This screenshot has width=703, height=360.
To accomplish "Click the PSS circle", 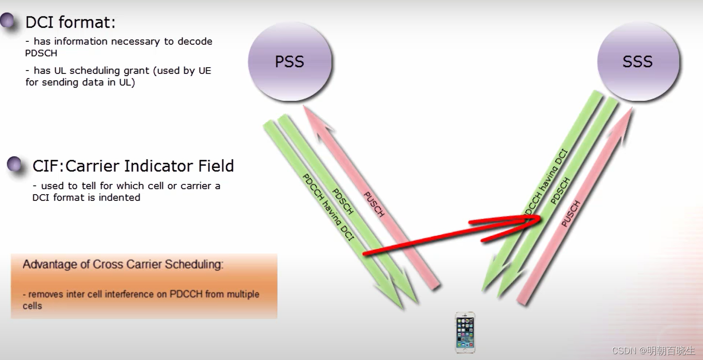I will pos(290,62).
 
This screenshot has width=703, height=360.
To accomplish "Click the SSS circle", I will pos(637,62).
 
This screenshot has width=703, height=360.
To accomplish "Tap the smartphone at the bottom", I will pos(465,332).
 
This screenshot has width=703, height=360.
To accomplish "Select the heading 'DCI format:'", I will pos(70,22).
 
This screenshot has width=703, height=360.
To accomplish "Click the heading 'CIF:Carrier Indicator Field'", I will pos(133,166).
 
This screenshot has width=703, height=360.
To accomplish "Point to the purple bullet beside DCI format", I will pos(8,20).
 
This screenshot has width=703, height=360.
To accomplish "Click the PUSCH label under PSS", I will pos(374,204).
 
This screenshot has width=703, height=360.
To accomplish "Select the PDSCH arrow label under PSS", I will pos(343,201).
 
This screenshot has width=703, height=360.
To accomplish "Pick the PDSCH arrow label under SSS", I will pos(560,191).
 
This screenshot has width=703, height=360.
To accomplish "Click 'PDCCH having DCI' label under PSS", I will pos(328,207).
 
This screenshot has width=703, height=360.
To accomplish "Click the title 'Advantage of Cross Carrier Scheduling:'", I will pos(123,265).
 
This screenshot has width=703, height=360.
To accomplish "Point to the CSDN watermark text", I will pos(653,350).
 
